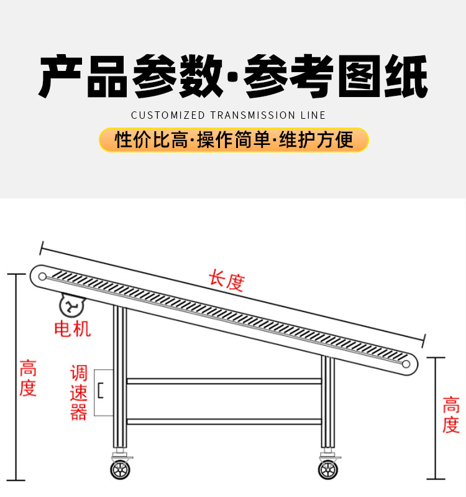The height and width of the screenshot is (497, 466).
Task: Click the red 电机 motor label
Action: pyautogui.click(x=73, y=328)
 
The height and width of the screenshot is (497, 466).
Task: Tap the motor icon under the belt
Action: pyautogui.click(x=72, y=305)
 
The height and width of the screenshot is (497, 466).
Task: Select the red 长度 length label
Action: pyautogui.click(x=226, y=281)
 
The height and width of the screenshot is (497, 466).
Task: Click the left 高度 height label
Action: pyautogui.click(x=28, y=378)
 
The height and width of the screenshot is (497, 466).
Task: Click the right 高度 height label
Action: pyautogui.click(x=450, y=415)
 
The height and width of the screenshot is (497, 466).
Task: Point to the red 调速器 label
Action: pyautogui.click(x=79, y=393)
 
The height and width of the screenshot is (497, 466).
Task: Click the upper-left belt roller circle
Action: pyautogui.click(x=42, y=276)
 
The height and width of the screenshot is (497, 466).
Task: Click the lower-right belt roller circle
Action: pyautogui.click(x=408, y=363)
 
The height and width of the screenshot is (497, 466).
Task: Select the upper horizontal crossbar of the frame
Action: pyautogui.click(x=224, y=381)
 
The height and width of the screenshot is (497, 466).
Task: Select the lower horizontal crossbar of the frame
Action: pyautogui.click(x=224, y=421)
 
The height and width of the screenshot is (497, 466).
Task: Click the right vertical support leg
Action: pyautogui.click(x=327, y=404)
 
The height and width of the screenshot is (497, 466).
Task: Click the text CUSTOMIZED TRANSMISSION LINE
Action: pyautogui.click(x=228, y=115)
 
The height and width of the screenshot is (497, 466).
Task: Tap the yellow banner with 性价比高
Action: pyautogui.click(x=234, y=140)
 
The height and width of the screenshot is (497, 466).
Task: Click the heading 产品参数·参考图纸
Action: pyautogui.click(x=233, y=77)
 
